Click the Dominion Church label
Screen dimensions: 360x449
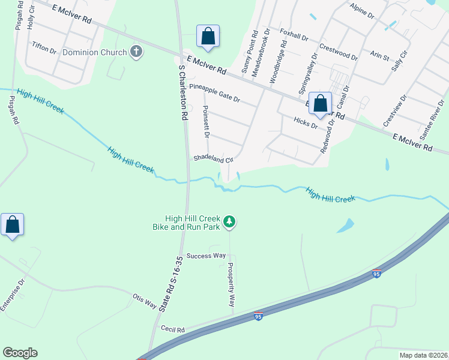point(94,52)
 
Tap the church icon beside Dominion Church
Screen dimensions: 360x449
point(136,52)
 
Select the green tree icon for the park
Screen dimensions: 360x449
point(229,223)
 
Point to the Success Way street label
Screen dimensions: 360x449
point(205,256)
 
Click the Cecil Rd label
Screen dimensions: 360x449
point(173,329)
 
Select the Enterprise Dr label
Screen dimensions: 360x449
point(13,294)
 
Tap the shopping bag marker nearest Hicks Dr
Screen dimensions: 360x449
point(320,103)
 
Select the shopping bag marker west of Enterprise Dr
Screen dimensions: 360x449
point(13,225)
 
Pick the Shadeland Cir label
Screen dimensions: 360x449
point(212,159)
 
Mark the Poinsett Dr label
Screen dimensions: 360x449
point(206,121)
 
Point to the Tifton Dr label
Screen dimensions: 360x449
point(44,46)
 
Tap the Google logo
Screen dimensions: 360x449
point(20,353)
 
